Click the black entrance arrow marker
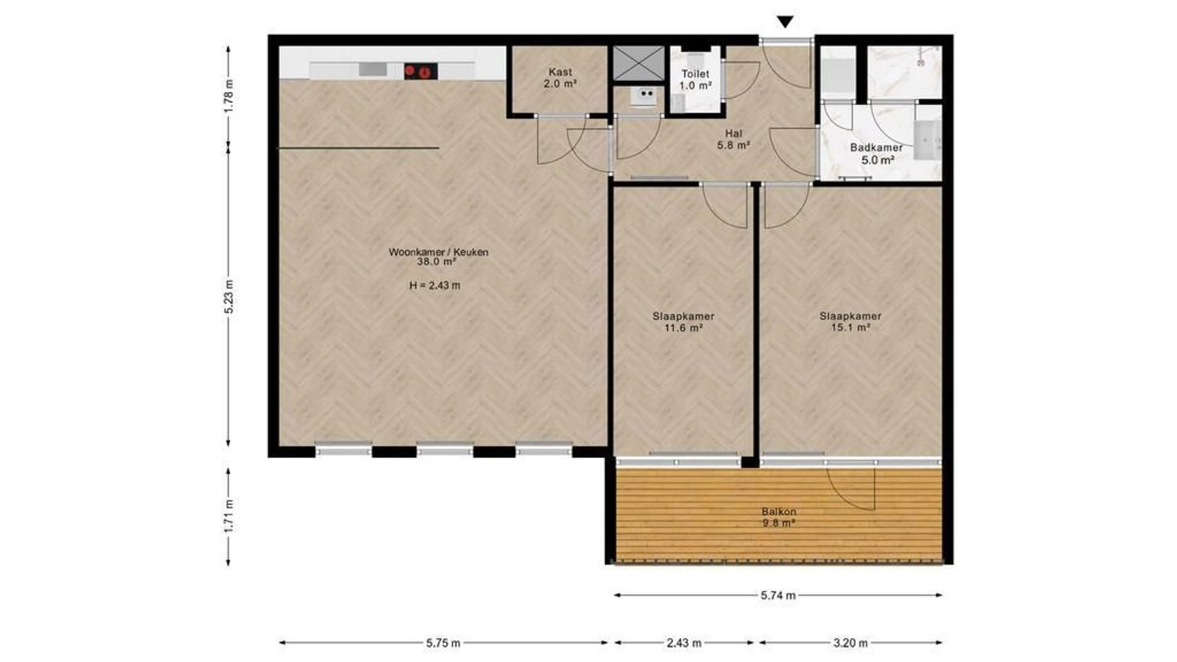(x=785, y=22)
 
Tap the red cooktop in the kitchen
(x=421, y=71)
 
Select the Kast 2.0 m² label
(x=560, y=78)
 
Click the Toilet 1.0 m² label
(x=696, y=80)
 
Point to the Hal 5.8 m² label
(x=734, y=139)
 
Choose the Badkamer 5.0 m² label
(x=877, y=154)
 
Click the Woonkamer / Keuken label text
(x=438, y=252)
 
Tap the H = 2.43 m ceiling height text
(x=435, y=285)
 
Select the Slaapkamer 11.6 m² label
(x=684, y=322)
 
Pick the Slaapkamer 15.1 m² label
(x=851, y=322)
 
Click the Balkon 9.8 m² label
(x=779, y=517)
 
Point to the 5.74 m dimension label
(x=779, y=595)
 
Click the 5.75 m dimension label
(x=443, y=643)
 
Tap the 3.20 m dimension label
(x=851, y=643)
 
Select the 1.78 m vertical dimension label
(x=229, y=96)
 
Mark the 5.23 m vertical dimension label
(x=229, y=297)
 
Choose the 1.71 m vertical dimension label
(x=229, y=516)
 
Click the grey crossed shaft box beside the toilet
(x=639, y=63)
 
